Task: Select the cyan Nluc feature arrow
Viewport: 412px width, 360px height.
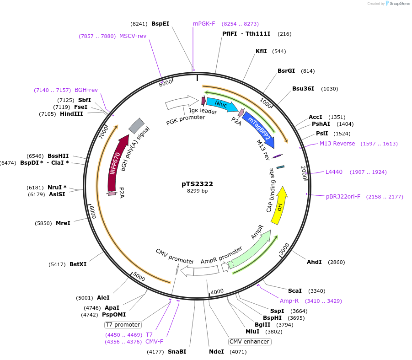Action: pyautogui.click(x=221, y=105)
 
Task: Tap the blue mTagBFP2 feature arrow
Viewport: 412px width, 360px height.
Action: pyautogui.click(x=259, y=130)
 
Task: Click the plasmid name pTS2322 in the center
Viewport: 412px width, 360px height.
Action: pyautogui.click(x=197, y=184)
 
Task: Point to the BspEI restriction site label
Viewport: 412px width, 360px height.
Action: pyautogui.click(x=160, y=23)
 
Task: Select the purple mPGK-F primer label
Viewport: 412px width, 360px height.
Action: pyautogui.click(x=204, y=23)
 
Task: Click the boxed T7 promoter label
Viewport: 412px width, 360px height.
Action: pyautogui.click(x=123, y=325)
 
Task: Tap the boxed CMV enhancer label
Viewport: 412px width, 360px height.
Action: pyautogui.click(x=250, y=342)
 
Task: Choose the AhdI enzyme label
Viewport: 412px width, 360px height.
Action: pyautogui.click(x=314, y=262)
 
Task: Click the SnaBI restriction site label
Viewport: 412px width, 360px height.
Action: pyautogui.click(x=177, y=352)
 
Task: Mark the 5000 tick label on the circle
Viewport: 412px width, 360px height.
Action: pyautogui.click(x=139, y=276)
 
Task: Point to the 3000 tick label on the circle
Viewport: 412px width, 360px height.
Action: pyautogui.click(x=284, y=249)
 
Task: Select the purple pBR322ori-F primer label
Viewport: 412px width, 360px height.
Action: pyautogui.click(x=343, y=197)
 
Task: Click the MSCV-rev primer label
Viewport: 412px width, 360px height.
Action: pyautogui.click(x=133, y=36)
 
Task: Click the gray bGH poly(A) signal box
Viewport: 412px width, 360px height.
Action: pyautogui.click(x=136, y=126)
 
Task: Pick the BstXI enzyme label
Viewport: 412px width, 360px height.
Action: pyautogui.click(x=78, y=264)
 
